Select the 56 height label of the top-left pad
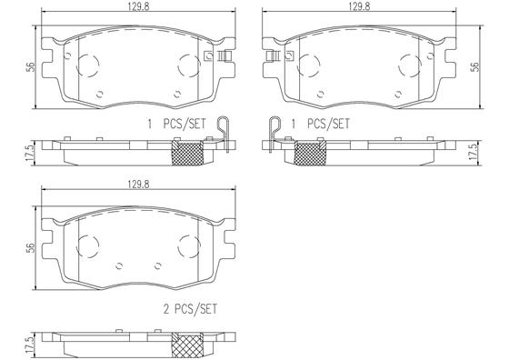click(x=32, y=66)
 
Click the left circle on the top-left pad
click(x=86, y=64)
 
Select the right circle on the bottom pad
click(x=188, y=246)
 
